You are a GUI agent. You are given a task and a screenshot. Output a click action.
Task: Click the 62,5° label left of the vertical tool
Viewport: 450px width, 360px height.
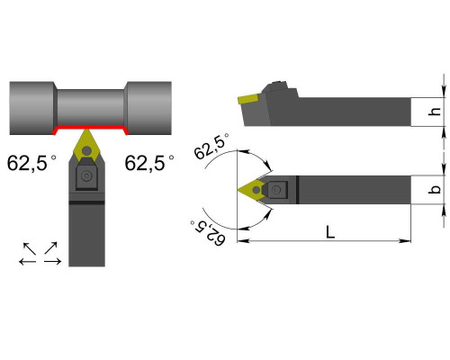tap(31, 163)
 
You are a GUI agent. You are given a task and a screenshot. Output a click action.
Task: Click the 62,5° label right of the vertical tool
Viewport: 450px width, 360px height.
tap(149, 163)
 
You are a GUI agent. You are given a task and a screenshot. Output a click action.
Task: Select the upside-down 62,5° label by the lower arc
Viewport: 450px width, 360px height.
tap(208, 233)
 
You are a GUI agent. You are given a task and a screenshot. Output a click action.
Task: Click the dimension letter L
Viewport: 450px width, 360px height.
tap(330, 232)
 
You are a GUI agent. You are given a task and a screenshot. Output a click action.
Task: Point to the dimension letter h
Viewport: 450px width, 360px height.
tap(435, 111)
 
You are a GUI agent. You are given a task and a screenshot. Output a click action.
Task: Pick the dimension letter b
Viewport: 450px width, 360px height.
tap(435, 190)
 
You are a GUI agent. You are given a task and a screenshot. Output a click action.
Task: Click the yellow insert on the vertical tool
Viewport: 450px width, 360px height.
tap(86, 146)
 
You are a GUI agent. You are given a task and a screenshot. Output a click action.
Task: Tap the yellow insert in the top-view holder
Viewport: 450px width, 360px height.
tap(251, 190)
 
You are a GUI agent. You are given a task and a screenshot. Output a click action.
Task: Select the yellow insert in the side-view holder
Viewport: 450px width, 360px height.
tap(248, 99)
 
